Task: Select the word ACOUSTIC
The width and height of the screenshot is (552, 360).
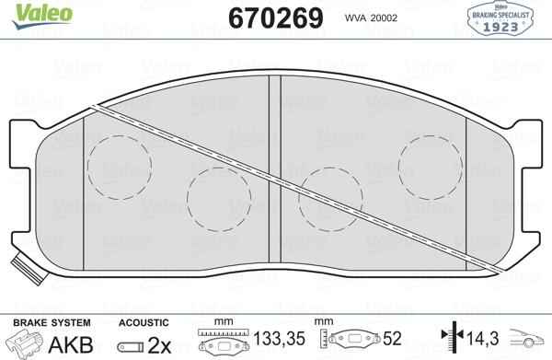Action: point(144,322)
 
